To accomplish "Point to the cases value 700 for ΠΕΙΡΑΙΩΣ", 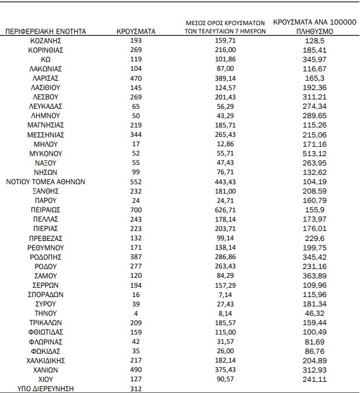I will click(136, 209).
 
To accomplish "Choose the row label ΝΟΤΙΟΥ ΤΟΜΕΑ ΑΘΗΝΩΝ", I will click(46, 181).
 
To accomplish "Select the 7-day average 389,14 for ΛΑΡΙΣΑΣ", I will click(221, 77).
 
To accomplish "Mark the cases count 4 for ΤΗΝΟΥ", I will click(136, 312).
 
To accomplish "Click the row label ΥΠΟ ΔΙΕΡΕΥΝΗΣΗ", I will click(46, 388).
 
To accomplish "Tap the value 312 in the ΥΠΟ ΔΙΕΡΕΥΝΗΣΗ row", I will click(136, 388).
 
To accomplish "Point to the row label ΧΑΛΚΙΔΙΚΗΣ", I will click(46, 360).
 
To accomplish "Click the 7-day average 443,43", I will click(221, 181).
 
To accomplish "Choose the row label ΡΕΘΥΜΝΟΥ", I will click(46, 247).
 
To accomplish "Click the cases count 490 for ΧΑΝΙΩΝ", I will click(136, 369).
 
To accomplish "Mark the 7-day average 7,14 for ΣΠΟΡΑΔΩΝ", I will click(221, 294).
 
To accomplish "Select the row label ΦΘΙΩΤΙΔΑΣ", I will click(46, 332).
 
